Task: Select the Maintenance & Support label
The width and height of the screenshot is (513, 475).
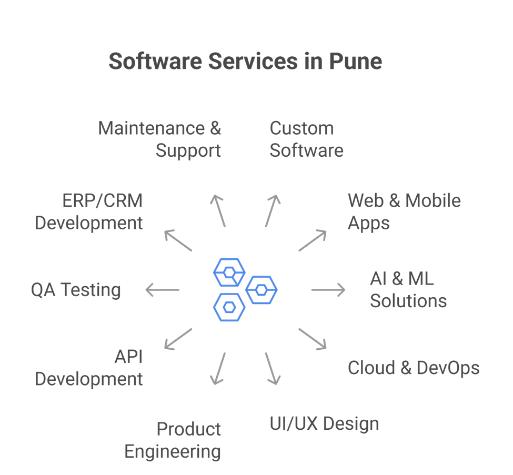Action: pyautogui.click(x=160, y=139)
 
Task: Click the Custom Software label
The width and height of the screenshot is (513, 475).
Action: pyautogui.click(x=306, y=139)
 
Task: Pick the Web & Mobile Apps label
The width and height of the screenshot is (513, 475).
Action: pyautogui.click(x=404, y=211)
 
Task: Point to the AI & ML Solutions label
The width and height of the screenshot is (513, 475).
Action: pyautogui.click(x=408, y=290)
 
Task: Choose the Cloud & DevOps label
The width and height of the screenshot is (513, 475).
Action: pyautogui.click(x=413, y=368)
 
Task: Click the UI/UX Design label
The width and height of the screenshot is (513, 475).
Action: pyautogui.click(x=324, y=424)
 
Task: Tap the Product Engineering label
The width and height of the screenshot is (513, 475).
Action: pyautogui.click(x=173, y=440)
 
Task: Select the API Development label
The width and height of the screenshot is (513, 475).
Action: pyautogui.click(x=89, y=368)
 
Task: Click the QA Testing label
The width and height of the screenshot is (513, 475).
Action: pyautogui.click(x=76, y=290)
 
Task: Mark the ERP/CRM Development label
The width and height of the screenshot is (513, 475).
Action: pyautogui.click(x=89, y=211)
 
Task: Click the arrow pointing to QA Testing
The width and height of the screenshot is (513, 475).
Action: pyautogui.click(x=163, y=290)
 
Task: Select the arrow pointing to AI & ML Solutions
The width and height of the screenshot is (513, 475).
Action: pyautogui.click(x=328, y=290)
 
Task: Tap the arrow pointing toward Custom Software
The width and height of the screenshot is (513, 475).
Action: pyautogui.click(x=271, y=210)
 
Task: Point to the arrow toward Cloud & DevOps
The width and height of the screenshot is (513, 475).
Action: pyautogui.click(x=313, y=339)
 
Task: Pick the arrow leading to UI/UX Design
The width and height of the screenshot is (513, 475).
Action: pyautogui.click(x=271, y=369)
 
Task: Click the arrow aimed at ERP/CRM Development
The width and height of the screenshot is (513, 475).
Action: pyautogui.click(x=178, y=240)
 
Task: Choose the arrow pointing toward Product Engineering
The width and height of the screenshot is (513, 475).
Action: pyautogui.click(x=218, y=369)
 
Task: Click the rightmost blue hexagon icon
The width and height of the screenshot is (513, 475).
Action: pyautogui.click(x=261, y=289)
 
